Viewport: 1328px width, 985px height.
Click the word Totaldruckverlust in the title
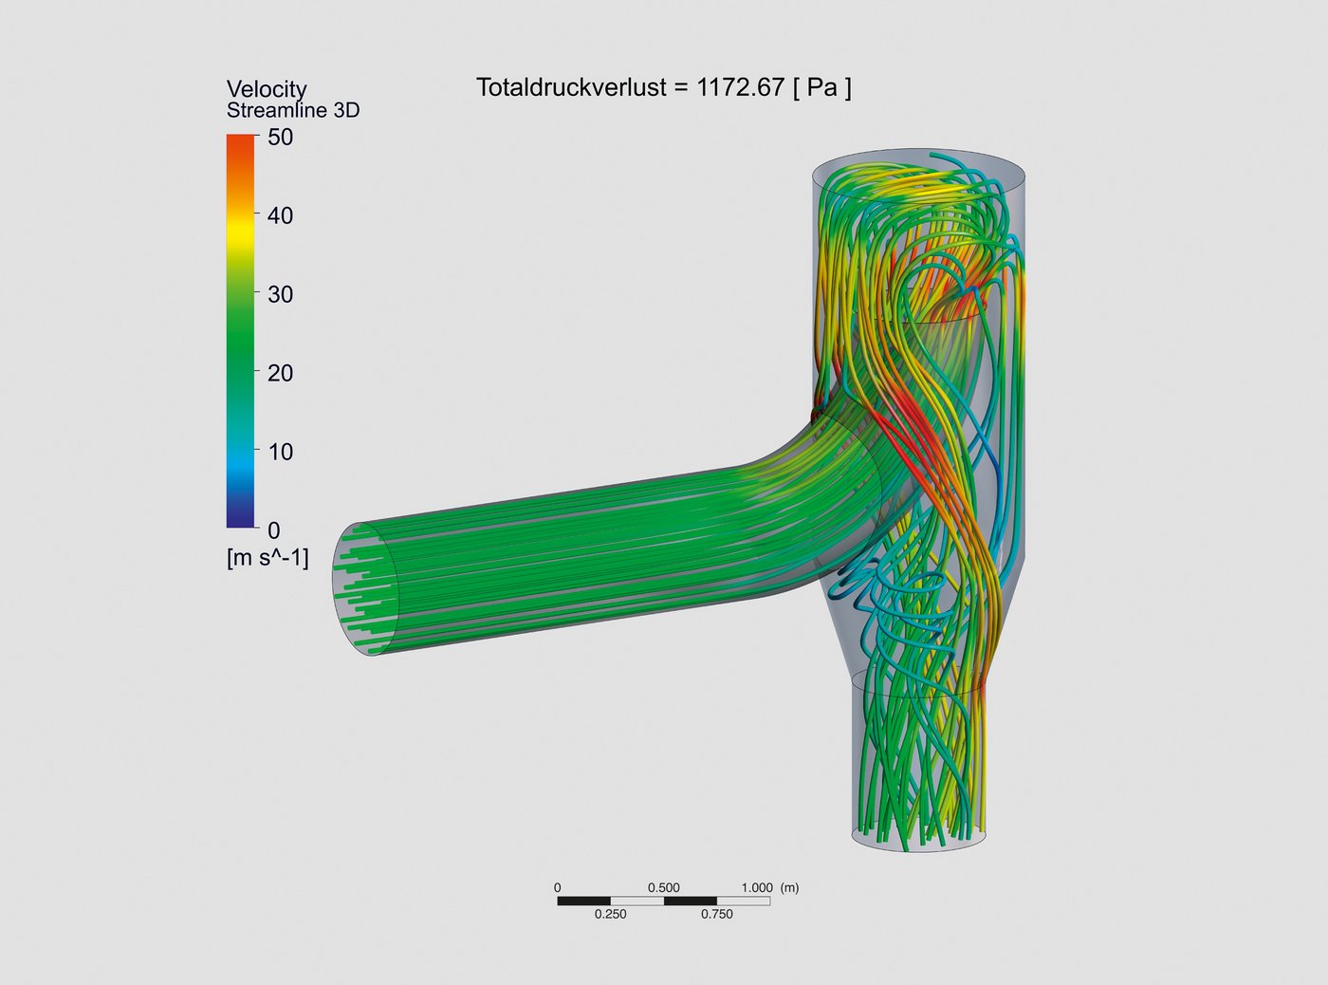pyautogui.click(x=571, y=87)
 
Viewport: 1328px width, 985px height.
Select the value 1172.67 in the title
pyautogui.click(x=741, y=87)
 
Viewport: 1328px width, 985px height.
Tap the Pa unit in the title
pyautogui.click(x=822, y=87)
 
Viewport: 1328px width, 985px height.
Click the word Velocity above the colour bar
pyautogui.click(x=267, y=89)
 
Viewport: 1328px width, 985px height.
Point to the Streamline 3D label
pyautogui.click(x=293, y=110)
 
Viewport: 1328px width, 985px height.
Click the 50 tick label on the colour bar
pyautogui.click(x=280, y=138)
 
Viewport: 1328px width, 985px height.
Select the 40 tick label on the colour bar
pyautogui.click(x=280, y=215)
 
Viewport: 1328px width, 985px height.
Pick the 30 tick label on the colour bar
pyautogui.click(x=280, y=294)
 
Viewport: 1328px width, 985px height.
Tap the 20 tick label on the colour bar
pyautogui.click(x=280, y=373)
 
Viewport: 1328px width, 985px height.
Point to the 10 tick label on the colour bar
pyautogui.click(x=280, y=452)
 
